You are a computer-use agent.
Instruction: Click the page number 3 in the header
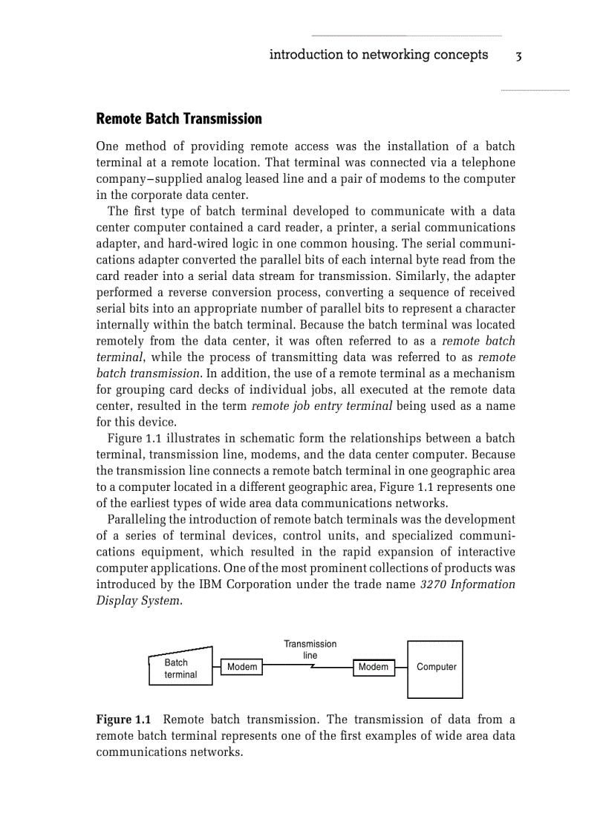[x=519, y=56]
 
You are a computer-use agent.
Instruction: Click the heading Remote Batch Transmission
[x=179, y=119]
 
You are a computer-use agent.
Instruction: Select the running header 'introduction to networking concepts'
[x=378, y=54]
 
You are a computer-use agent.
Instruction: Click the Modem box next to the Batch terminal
[x=242, y=667]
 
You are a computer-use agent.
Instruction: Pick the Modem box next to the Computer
[x=373, y=667]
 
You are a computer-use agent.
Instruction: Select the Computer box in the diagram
[x=435, y=668]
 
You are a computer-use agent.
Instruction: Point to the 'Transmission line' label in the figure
[x=310, y=649]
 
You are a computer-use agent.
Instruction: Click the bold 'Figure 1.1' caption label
[x=123, y=720]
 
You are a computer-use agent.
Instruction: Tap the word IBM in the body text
[x=210, y=584]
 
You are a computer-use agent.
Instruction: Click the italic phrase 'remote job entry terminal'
[x=322, y=406]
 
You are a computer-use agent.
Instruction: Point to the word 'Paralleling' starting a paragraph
[x=138, y=519]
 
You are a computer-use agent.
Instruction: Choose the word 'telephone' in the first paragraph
[x=488, y=163]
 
